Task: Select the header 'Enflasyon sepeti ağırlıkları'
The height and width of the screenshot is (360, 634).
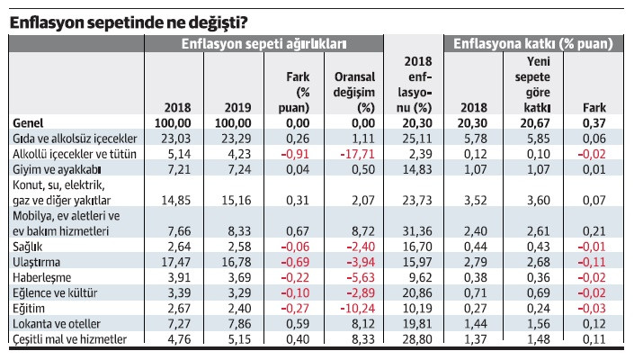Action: [x=264, y=43]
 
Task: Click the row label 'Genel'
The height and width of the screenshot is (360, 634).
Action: [x=30, y=122]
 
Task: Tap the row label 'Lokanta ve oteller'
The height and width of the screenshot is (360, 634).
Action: [x=57, y=324]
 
